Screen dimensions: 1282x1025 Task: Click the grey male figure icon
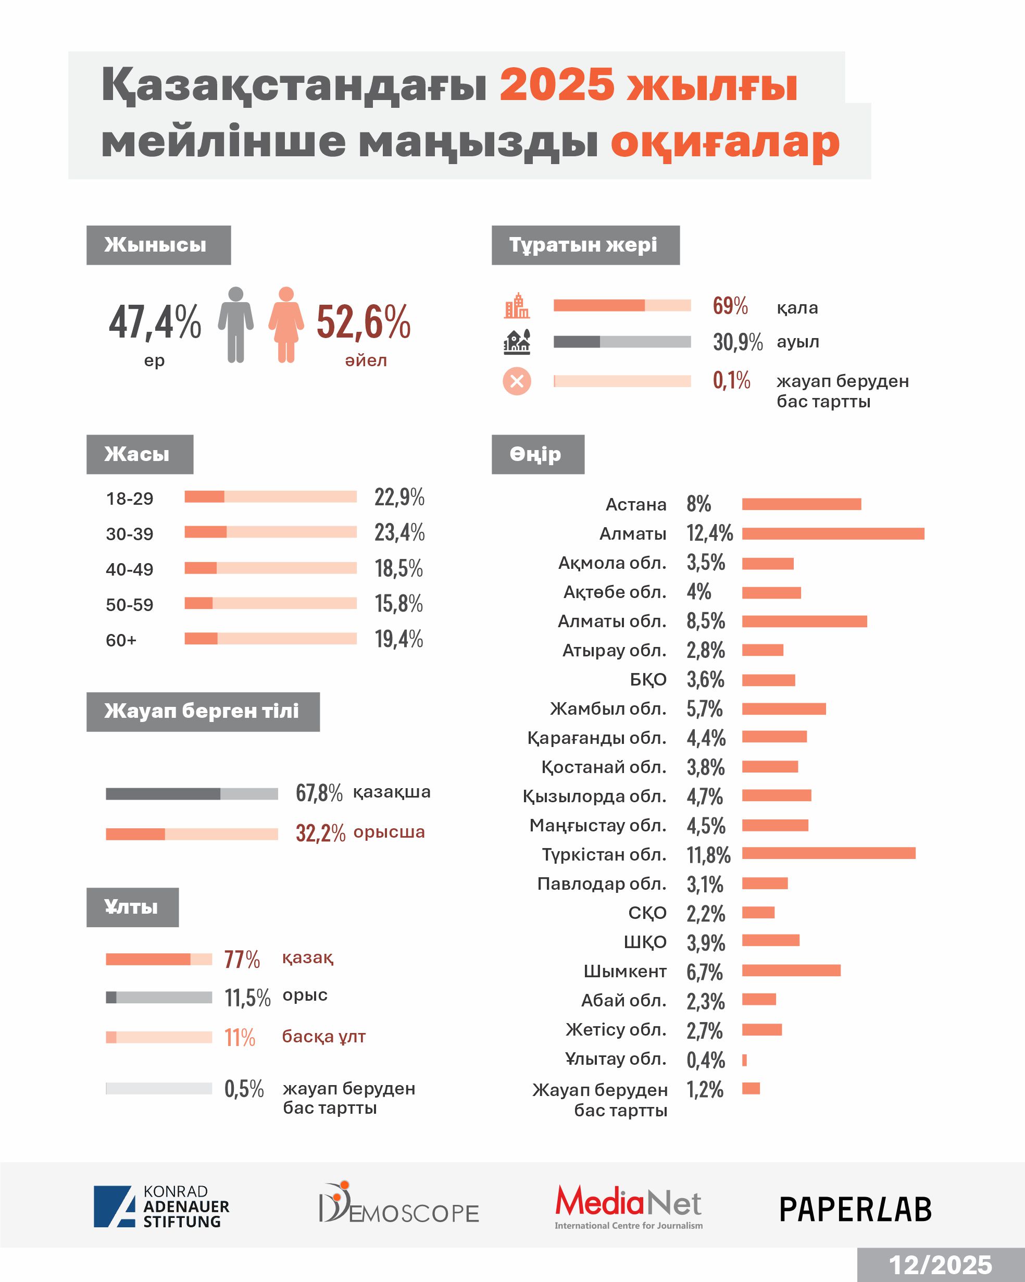pyautogui.click(x=235, y=325)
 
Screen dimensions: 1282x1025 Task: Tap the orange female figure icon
pyautogui.click(x=286, y=325)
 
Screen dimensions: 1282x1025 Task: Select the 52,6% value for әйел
pyautogui.click(x=363, y=322)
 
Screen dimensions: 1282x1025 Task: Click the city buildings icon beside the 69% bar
pyautogui.click(x=517, y=306)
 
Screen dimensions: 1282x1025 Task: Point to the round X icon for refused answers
pyautogui.click(x=517, y=381)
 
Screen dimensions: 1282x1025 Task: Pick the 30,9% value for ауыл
pyautogui.click(x=737, y=342)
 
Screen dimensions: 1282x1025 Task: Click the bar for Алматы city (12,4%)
pyautogui.click(x=832, y=533)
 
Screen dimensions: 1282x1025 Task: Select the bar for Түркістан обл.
pyautogui.click(x=828, y=854)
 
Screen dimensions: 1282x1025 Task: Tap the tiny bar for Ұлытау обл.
pyautogui.click(x=744, y=1060)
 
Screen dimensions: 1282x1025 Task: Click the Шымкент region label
pyautogui.click(x=625, y=971)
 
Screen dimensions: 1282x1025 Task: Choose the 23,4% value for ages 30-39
pyautogui.click(x=399, y=532)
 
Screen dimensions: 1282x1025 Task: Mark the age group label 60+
pyautogui.click(x=121, y=640)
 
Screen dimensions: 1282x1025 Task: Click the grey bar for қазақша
pyautogui.click(x=192, y=794)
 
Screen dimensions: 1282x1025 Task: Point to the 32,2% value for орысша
pyautogui.click(x=320, y=833)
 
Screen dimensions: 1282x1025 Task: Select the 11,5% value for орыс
pyautogui.click(x=247, y=998)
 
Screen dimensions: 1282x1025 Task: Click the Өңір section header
pyautogui.click(x=537, y=454)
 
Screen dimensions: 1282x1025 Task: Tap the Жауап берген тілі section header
pyautogui.click(x=203, y=711)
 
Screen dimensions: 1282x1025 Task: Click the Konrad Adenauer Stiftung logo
pyautogui.click(x=161, y=1206)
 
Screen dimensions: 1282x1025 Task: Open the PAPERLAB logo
pyautogui.click(x=855, y=1209)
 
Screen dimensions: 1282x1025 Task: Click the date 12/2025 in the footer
pyautogui.click(x=940, y=1265)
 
